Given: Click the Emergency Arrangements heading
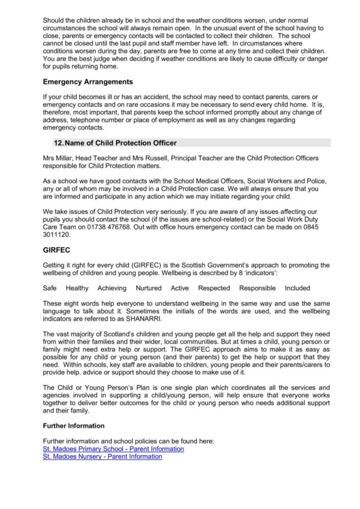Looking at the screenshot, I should [x=88, y=82].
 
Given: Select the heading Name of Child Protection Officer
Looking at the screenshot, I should [x=121, y=143].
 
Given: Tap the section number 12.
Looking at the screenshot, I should [x=59, y=143].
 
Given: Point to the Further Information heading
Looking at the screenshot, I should [x=74, y=426].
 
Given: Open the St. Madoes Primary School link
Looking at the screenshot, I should [x=113, y=449].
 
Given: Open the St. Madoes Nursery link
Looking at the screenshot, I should [x=102, y=456].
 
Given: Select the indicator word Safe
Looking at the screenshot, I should [x=50, y=288].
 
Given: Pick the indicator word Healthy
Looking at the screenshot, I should [x=77, y=288].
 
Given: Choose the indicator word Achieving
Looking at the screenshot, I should [x=112, y=288].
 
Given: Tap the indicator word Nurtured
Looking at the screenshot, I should [x=149, y=288].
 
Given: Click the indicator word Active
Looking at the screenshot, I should [x=180, y=288].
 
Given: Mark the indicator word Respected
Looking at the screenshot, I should [x=214, y=288].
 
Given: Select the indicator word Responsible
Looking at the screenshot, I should [x=257, y=288].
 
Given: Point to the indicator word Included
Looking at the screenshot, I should [x=297, y=288].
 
